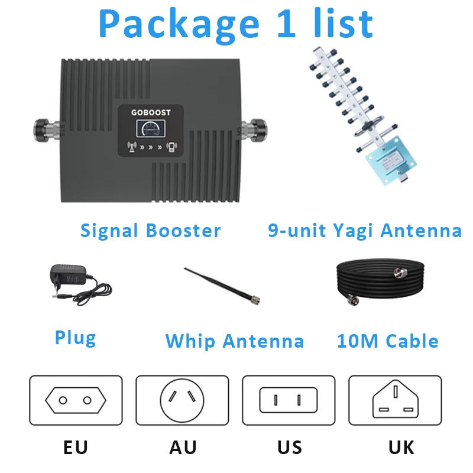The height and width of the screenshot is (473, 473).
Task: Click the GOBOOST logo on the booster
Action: (152, 112)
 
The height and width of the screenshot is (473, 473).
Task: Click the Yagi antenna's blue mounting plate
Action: (387, 160)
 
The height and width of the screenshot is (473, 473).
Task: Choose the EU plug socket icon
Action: (76, 401)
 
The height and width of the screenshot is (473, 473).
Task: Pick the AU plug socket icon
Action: (182, 401)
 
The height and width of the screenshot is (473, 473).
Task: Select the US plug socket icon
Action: (289, 401)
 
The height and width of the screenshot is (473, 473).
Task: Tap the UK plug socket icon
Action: (395, 401)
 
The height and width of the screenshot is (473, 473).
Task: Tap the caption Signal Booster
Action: (150, 231)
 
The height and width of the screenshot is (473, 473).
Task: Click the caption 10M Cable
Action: (387, 341)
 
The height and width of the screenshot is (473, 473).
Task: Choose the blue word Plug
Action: (75, 338)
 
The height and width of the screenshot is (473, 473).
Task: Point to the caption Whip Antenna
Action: (235, 341)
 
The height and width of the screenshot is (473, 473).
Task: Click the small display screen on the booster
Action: (152, 128)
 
